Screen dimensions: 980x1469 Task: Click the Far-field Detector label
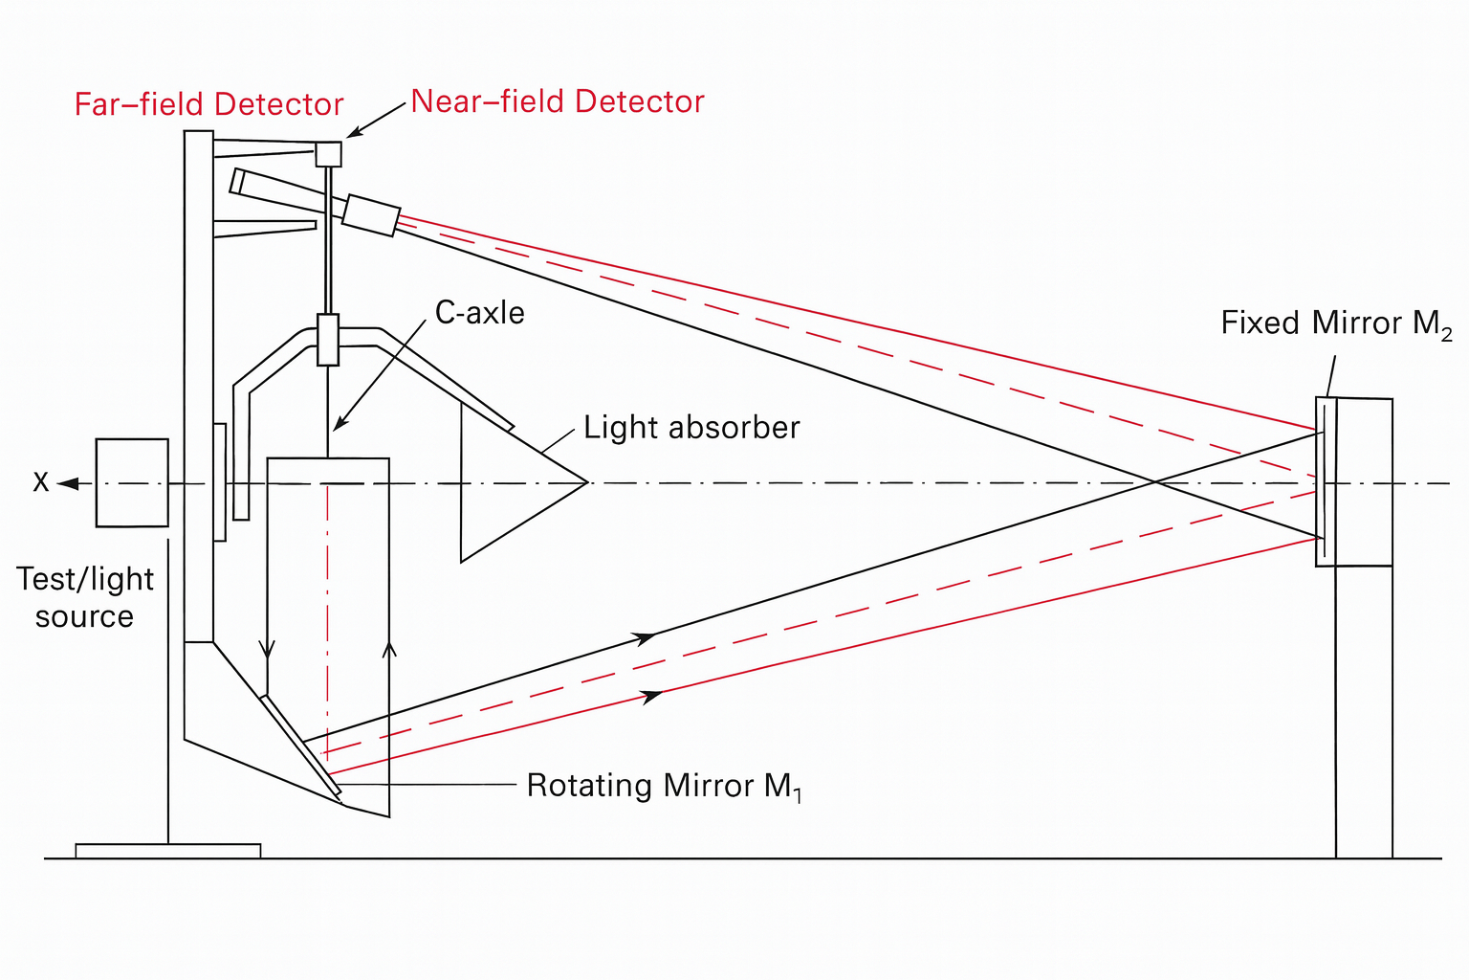pos(208,104)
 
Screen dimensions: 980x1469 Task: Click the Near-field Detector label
pos(558,101)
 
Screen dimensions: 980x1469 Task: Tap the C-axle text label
pos(479,313)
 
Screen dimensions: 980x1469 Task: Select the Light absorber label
pos(691,427)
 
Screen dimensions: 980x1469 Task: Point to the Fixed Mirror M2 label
pos(1336,323)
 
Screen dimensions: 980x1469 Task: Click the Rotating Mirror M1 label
pos(664,786)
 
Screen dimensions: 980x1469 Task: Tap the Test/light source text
pos(84,597)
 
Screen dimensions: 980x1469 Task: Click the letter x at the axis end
pos(40,481)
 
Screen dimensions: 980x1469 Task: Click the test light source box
pos(132,482)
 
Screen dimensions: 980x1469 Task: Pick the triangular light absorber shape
pos(507,483)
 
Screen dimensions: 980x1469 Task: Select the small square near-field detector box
pos(328,154)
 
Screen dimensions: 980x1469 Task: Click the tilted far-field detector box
pos(370,215)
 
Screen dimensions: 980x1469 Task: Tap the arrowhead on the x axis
pos(67,483)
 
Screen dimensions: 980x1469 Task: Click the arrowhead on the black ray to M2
pos(646,636)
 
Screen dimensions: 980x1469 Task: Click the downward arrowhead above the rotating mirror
pos(267,649)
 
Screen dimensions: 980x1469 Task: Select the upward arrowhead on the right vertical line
pos(388,650)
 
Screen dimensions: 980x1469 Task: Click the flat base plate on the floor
pos(167,851)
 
